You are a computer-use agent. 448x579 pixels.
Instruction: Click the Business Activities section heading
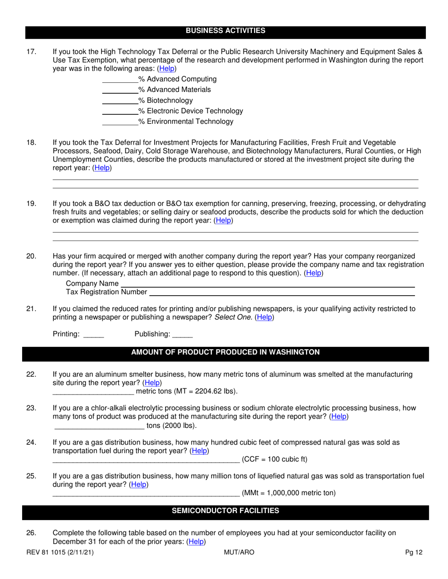point(225,31)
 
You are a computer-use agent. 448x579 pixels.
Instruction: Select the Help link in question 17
point(166,68)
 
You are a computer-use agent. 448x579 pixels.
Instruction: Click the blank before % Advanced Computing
point(120,80)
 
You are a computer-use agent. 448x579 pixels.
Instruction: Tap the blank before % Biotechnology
point(120,101)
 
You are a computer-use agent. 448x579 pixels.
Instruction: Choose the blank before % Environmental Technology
point(120,122)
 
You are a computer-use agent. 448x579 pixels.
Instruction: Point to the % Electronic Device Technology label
point(191,111)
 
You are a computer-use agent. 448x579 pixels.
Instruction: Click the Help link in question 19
point(223,220)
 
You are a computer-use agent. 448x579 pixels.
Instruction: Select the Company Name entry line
point(267,284)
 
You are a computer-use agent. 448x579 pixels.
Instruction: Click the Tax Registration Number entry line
point(282,292)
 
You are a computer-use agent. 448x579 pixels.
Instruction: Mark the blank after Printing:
point(93,335)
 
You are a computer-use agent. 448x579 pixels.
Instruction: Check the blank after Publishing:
point(183,335)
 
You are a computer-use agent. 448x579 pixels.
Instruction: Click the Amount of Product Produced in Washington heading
point(225,353)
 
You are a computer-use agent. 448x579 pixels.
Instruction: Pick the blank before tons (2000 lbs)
point(100,426)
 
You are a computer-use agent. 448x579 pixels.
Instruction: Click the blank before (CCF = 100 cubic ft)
point(146,460)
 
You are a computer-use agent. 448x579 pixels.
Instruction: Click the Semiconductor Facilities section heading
point(225,511)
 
